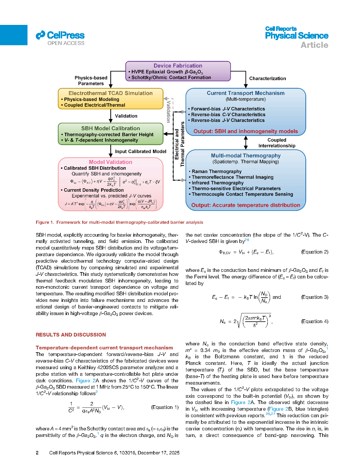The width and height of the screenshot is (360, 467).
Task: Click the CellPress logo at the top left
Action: point(60,35)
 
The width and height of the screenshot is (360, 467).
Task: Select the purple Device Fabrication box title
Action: point(178,66)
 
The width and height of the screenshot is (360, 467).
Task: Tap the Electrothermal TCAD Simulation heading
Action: point(111,93)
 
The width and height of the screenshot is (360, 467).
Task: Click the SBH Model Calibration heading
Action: point(111,128)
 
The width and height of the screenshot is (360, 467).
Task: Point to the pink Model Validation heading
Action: point(111,162)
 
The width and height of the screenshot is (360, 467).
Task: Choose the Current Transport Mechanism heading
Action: point(246,93)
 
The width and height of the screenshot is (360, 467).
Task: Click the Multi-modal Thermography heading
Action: point(246,156)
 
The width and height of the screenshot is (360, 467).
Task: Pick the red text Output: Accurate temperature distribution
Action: point(246,205)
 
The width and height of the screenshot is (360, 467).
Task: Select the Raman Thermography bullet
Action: point(217,171)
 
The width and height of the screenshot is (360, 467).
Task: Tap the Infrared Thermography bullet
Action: point(218,183)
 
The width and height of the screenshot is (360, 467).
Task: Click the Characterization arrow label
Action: point(267,79)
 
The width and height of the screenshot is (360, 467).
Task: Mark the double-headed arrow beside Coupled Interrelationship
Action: point(246,143)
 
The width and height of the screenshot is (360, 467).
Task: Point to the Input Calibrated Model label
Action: point(141,151)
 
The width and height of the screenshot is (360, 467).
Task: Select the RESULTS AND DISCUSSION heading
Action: point(71,335)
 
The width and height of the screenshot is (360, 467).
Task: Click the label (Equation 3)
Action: point(314,297)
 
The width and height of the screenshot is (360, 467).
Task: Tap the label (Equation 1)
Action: point(165,407)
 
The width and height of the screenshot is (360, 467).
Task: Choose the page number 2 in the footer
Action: point(37,453)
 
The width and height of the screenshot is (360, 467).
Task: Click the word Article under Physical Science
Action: point(314,45)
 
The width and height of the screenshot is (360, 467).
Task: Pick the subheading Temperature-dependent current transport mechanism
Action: point(104,348)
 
